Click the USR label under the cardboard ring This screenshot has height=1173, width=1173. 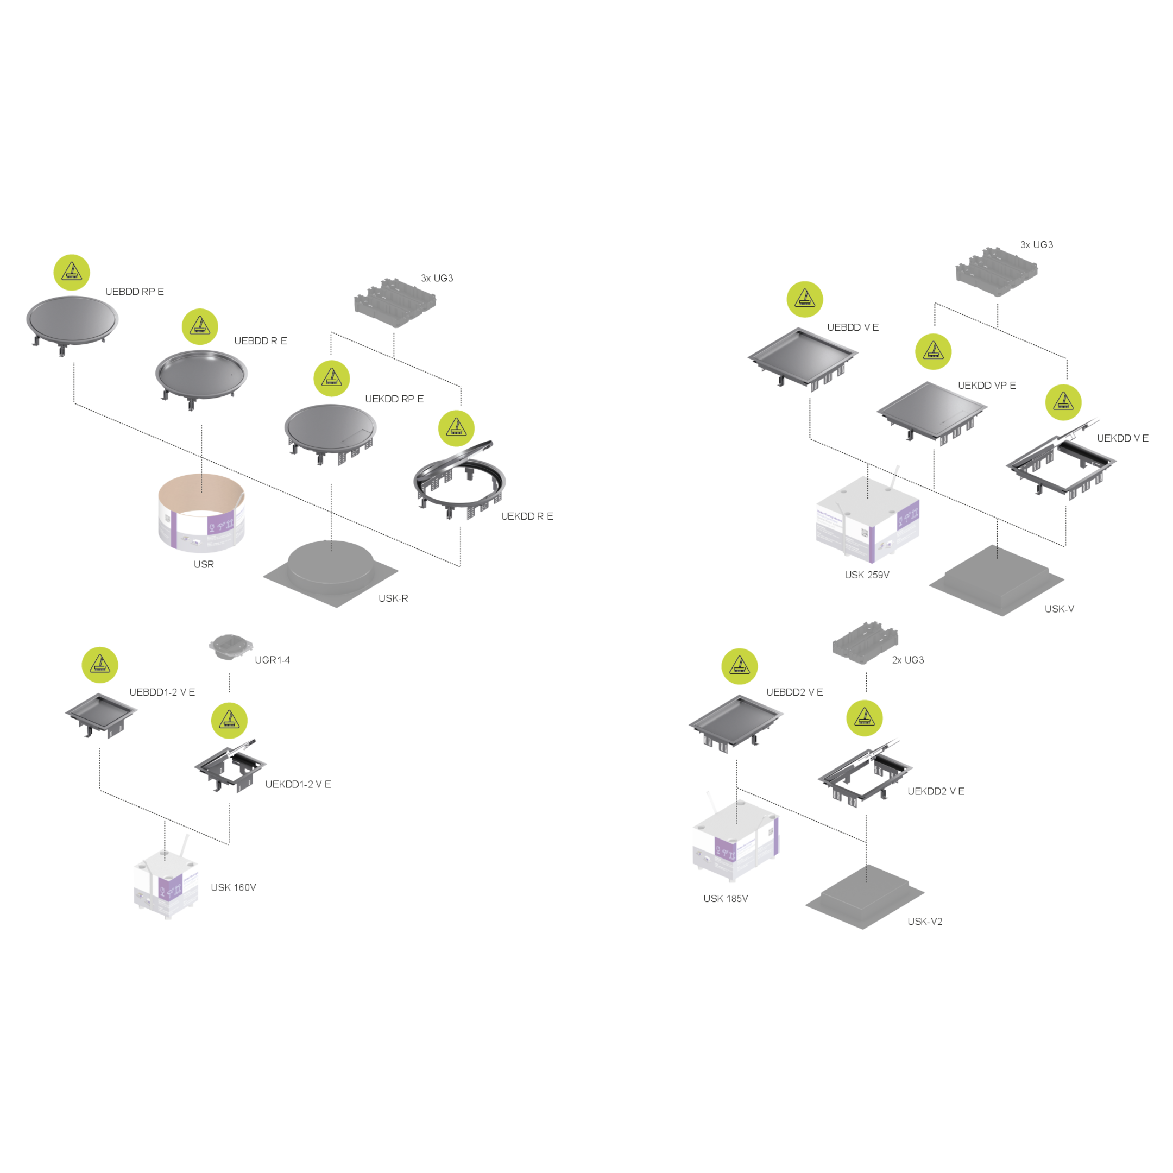[x=204, y=565]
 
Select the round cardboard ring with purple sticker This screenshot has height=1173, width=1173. [x=201, y=511]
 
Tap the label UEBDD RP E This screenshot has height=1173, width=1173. [x=135, y=292]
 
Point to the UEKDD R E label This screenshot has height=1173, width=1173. [x=527, y=516]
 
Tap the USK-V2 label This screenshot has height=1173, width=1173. [x=925, y=922]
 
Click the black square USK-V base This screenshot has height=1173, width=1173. [x=997, y=579]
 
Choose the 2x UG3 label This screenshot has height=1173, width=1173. [x=907, y=660]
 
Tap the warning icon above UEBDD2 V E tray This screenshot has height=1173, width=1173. [x=740, y=666]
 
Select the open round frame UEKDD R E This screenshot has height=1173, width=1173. [x=459, y=480]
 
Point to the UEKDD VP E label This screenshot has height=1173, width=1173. [x=987, y=386]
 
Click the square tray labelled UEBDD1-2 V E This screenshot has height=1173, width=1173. [x=102, y=713]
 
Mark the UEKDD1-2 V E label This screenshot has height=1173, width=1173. [x=298, y=784]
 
